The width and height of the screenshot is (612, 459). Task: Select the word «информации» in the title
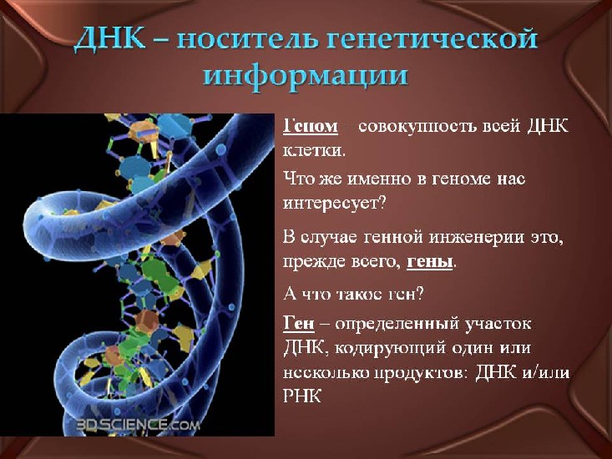[x=306, y=75]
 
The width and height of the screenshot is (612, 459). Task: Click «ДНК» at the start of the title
[x=109, y=40]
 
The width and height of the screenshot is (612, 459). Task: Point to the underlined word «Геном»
[x=311, y=126]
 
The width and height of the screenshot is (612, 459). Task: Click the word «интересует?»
[x=334, y=203]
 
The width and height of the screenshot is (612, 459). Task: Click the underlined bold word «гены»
[x=429, y=262]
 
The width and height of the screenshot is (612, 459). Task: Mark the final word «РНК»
[x=302, y=396]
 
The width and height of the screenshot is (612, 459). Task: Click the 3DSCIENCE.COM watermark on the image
[x=138, y=424]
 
